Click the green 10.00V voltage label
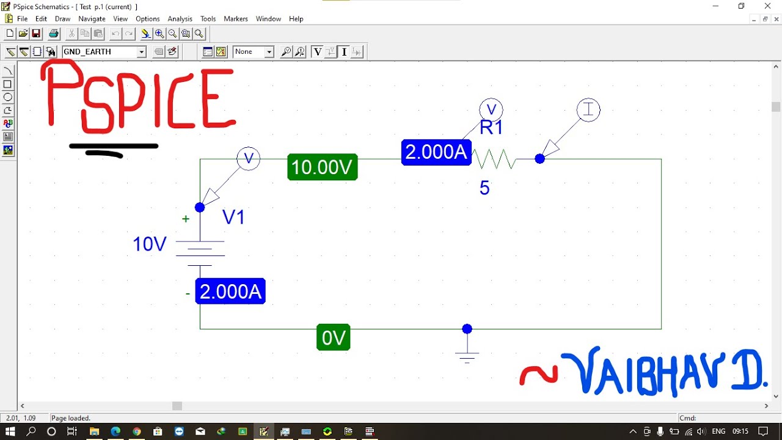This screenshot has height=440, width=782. pyautogui.click(x=322, y=167)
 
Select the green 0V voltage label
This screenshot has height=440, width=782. pyautogui.click(x=333, y=337)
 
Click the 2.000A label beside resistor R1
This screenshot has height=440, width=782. pyautogui.click(x=436, y=152)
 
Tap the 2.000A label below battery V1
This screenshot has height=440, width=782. pyautogui.click(x=230, y=291)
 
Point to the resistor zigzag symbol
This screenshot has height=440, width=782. pyautogui.click(x=494, y=159)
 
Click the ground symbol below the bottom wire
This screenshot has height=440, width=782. pyautogui.click(x=467, y=354)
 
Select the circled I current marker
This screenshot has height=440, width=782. pyautogui.click(x=588, y=110)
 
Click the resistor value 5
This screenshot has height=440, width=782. pyautogui.click(x=484, y=188)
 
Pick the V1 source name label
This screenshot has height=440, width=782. pyautogui.click(x=233, y=217)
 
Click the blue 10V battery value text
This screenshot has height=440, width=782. pyautogui.click(x=150, y=244)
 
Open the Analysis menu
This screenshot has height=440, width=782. pyautogui.click(x=180, y=19)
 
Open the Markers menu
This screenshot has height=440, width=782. pyautogui.click(x=236, y=19)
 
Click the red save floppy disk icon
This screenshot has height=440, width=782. pyautogui.click(x=36, y=34)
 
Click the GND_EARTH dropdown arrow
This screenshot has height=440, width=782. pyautogui.click(x=141, y=52)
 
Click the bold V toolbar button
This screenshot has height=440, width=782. pyautogui.click(x=317, y=52)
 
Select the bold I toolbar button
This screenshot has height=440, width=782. pyautogui.click(x=344, y=52)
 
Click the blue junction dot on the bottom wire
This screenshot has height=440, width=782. pyautogui.click(x=467, y=329)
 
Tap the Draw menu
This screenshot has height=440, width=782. pyautogui.click(x=62, y=19)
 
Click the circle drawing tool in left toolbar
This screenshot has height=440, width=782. pyautogui.click(x=8, y=97)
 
